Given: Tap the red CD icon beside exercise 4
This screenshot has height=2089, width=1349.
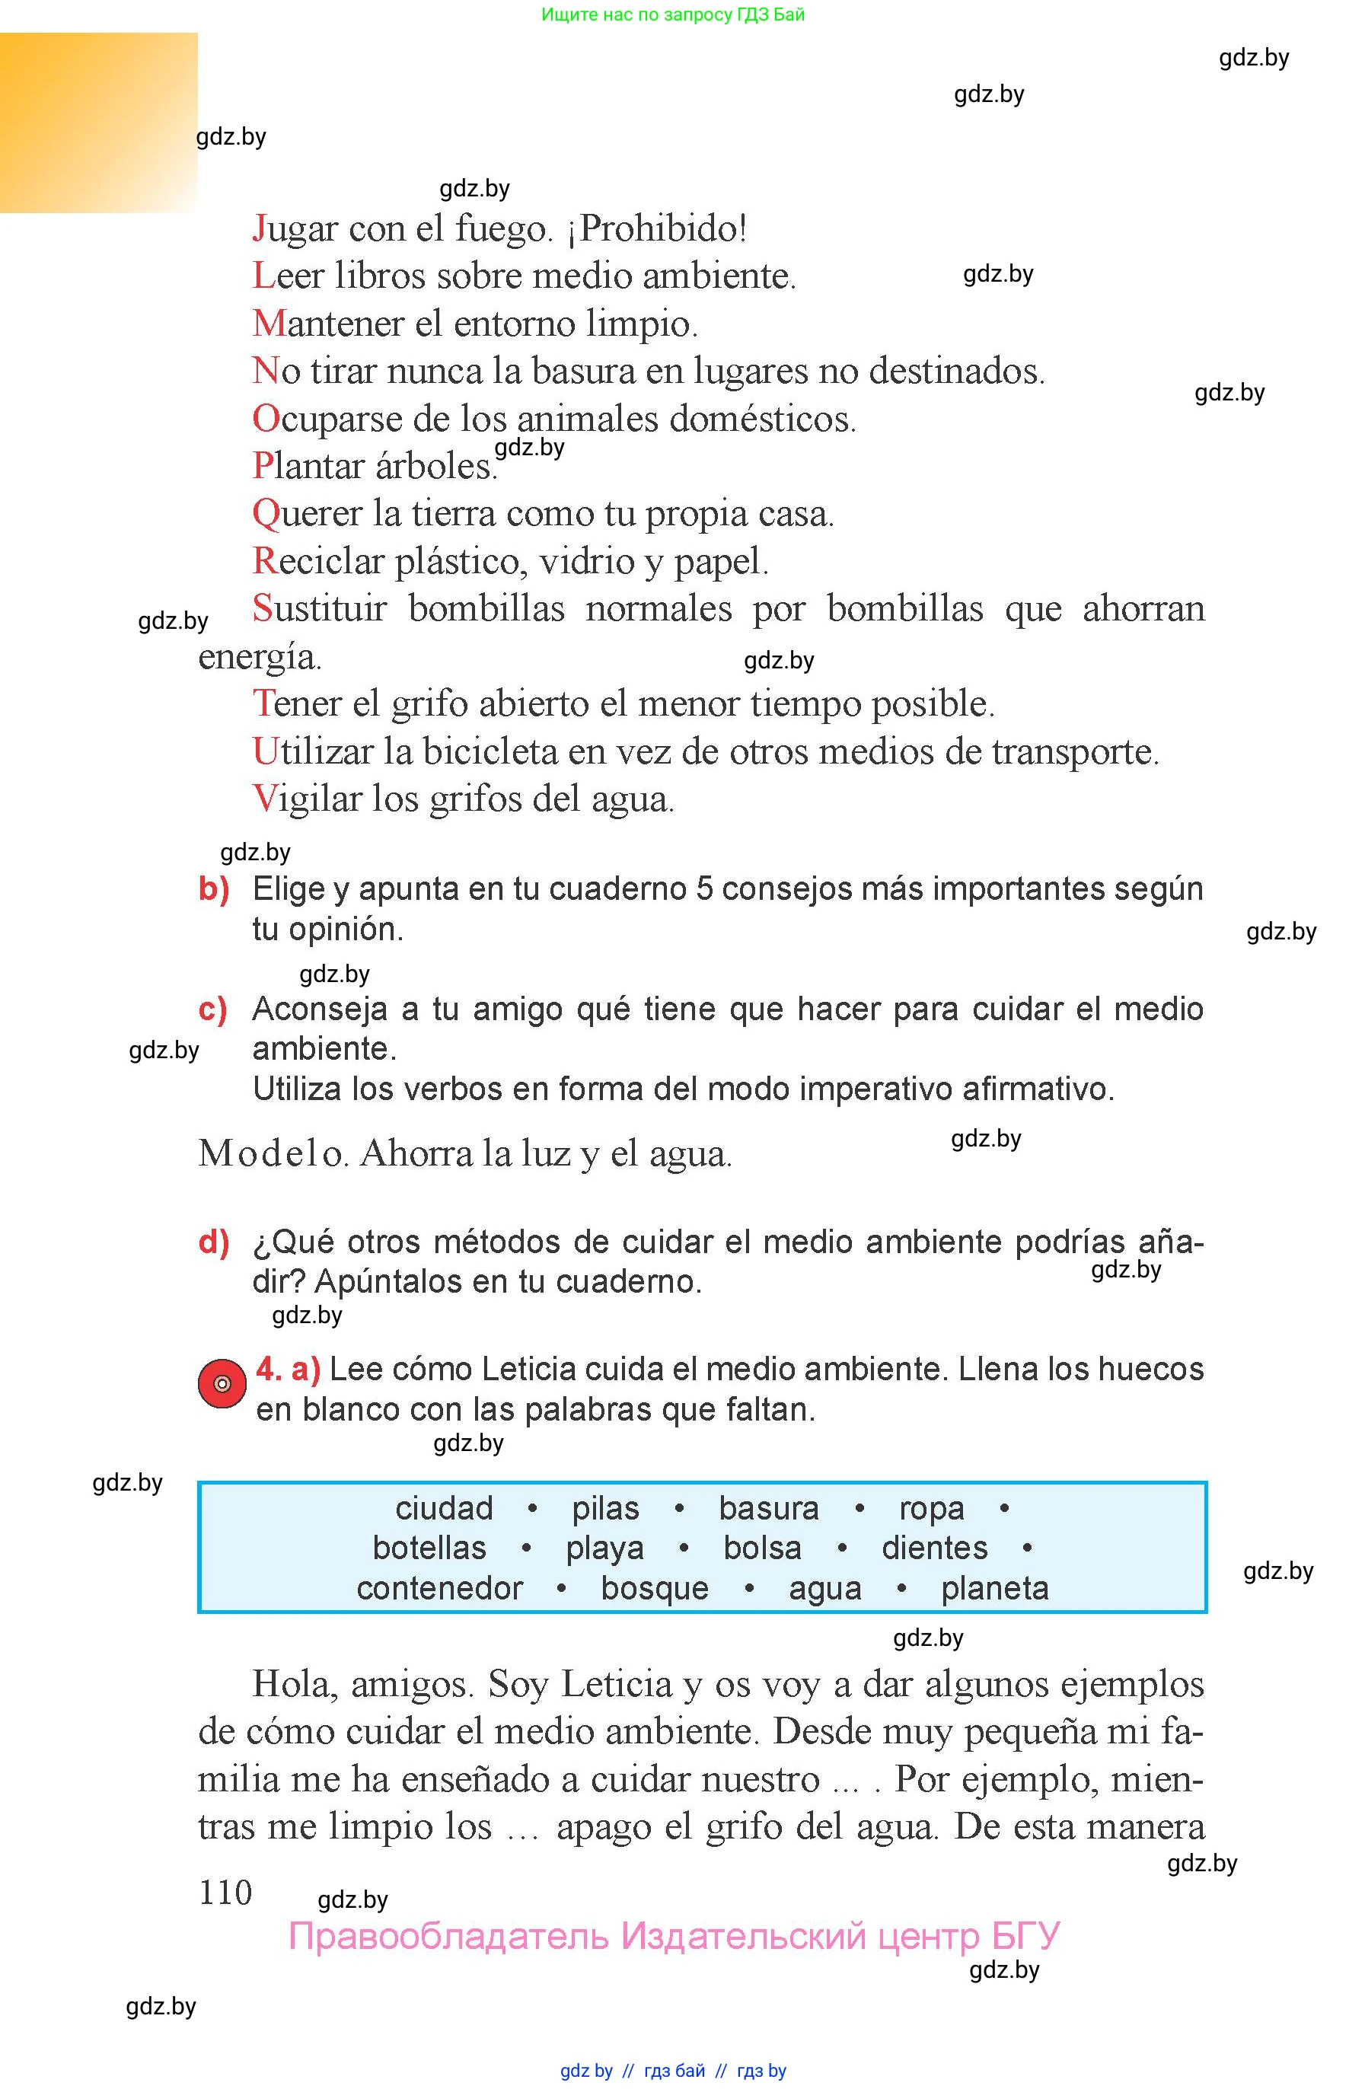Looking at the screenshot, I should (222, 1384).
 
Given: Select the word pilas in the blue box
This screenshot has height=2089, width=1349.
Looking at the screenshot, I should (605, 1508).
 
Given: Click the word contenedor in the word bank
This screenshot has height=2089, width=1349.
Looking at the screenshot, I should (440, 1588).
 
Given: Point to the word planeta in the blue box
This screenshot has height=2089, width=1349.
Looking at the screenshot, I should (994, 1588).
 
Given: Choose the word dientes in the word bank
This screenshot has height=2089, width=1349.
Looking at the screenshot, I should (934, 1548).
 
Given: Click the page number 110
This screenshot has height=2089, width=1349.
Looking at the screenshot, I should (225, 1893).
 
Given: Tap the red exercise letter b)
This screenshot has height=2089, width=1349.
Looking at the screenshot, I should (214, 889).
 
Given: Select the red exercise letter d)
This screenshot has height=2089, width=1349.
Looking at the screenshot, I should (214, 1242).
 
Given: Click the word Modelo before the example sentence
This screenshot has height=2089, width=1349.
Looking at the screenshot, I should (273, 1153).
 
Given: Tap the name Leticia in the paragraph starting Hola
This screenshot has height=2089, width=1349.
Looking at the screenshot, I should (617, 1684).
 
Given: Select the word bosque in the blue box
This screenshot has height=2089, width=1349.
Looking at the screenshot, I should (655, 1588).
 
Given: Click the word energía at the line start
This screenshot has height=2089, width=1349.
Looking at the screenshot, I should (260, 657).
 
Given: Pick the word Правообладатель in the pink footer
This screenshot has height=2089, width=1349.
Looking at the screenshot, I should (448, 1937).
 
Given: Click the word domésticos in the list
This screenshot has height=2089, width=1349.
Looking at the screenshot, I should (762, 419).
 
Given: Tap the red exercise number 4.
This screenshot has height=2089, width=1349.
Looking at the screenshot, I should (268, 1369).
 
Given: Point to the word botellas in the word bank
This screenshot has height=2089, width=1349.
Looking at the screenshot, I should (429, 1548).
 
